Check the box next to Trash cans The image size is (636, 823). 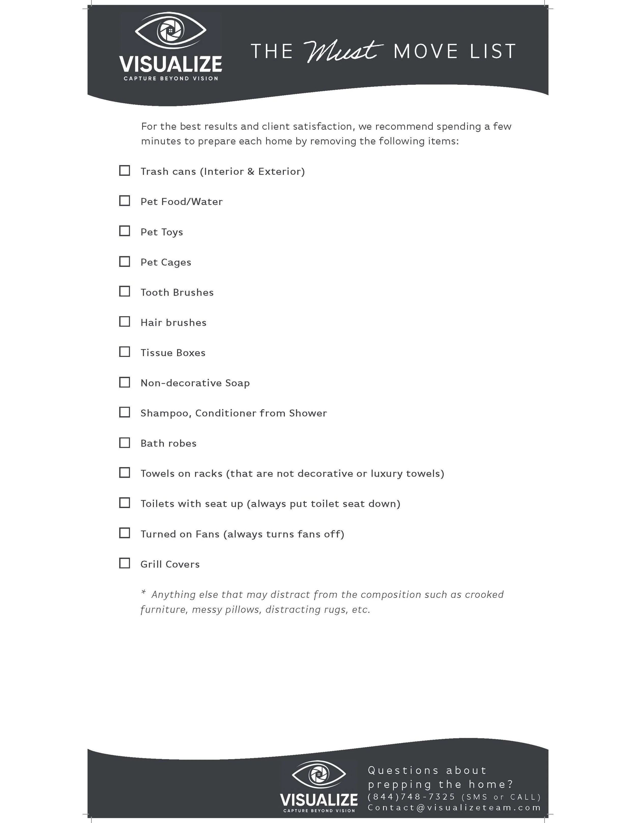[x=124, y=170]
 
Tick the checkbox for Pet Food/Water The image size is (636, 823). [x=124, y=200]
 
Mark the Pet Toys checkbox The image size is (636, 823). [x=124, y=231]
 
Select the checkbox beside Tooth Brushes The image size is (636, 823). [x=124, y=291]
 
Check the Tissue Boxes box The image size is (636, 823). [x=124, y=352]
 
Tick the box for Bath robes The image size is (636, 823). [x=124, y=442]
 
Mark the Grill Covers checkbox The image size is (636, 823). [x=124, y=563]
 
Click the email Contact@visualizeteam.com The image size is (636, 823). [x=454, y=807]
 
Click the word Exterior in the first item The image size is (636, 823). [x=281, y=172]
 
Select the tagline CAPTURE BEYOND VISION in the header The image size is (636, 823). [x=171, y=78]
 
